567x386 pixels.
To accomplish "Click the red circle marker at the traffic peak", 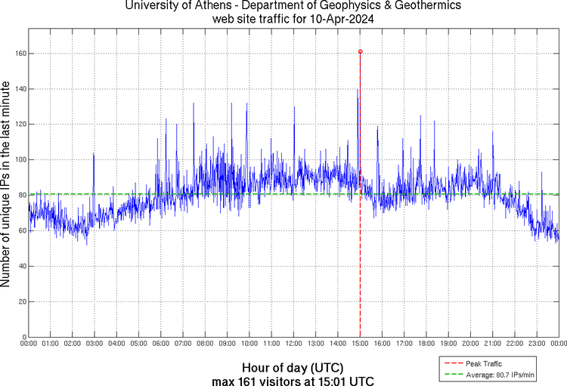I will tap(360, 51).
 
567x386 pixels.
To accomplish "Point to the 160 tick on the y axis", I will tap(19, 54).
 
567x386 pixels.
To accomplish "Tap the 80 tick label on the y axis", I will tap(21, 195).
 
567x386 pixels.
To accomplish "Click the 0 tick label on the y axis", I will tap(23, 337).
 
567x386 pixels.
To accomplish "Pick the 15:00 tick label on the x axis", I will tap(360, 343).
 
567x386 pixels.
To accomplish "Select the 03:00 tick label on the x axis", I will tap(94, 343).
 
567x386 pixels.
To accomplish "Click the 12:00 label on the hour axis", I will tap(293, 343).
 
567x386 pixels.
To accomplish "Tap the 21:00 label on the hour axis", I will tap(492, 343).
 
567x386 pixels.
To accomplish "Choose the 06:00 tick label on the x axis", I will tap(161, 343).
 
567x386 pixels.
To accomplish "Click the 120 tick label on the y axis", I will tap(19, 124).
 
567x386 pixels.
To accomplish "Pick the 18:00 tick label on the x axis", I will tap(426, 343).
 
